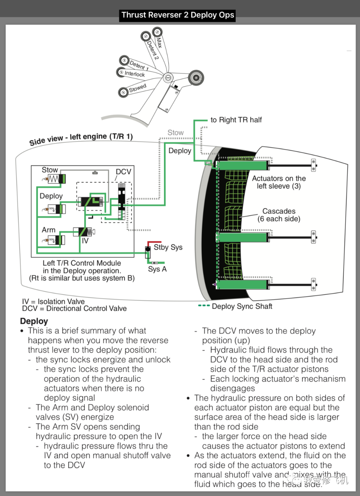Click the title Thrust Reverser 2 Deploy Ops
tap(177, 15)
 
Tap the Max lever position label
tap(159, 42)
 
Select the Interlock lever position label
tap(135, 74)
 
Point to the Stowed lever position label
tap(137, 88)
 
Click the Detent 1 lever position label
tap(139, 65)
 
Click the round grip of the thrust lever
tap(196, 78)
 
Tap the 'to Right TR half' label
tap(236, 120)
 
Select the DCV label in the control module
tap(123, 172)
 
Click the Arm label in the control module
tap(49, 230)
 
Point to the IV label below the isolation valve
tap(85, 241)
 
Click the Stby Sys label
tap(168, 247)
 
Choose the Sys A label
tap(157, 269)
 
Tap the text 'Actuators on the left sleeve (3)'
tap(279, 182)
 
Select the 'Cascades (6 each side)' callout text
tap(279, 215)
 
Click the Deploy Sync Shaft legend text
tap(242, 306)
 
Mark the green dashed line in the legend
tap(204, 306)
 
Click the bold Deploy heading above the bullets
tap(34, 321)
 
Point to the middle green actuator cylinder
tap(242, 237)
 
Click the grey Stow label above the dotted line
tap(175, 133)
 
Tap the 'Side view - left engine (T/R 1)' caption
tap(81, 139)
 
